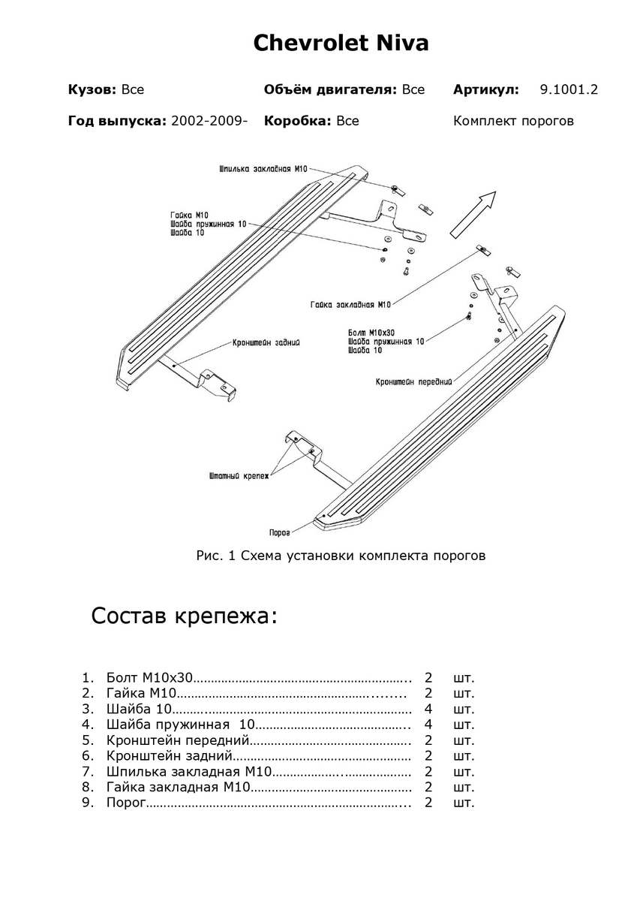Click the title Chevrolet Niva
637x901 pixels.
pyautogui.click(x=341, y=43)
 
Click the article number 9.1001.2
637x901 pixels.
pyautogui.click(x=569, y=89)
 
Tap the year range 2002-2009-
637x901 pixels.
pyautogui.click(x=209, y=121)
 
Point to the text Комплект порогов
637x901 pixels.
pyautogui.click(x=513, y=121)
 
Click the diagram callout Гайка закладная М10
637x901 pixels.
pyautogui.click(x=350, y=305)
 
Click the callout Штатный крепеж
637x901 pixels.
pyautogui.click(x=238, y=476)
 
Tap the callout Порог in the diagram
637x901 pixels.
pyautogui.click(x=279, y=532)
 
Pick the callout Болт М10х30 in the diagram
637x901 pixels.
pyautogui.click(x=371, y=332)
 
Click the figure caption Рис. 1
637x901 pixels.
pyautogui.click(x=341, y=556)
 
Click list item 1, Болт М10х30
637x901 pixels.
pyautogui.click(x=150, y=677)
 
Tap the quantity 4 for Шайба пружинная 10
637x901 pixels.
pyautogui.click(x=428, y=725)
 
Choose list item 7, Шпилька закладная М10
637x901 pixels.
pyautogui.click(x=188, y=772)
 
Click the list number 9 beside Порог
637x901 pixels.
pyautogui.click(x=87, y=803)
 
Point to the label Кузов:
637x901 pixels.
pyautogui.click(x=92, y=89)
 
